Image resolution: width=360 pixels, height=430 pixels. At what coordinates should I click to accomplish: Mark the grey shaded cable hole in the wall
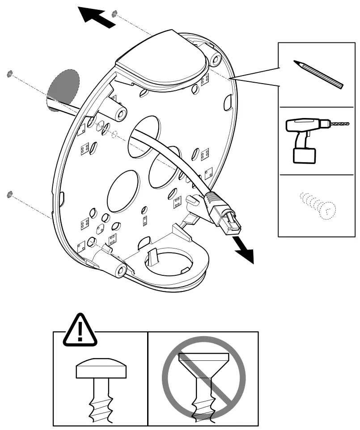(63, 87)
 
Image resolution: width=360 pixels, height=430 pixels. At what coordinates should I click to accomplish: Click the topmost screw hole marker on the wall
(115, 13)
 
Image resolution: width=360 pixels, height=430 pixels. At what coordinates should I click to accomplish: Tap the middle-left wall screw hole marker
(9, 73)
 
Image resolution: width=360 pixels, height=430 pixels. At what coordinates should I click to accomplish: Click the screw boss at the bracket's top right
(216, 60)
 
